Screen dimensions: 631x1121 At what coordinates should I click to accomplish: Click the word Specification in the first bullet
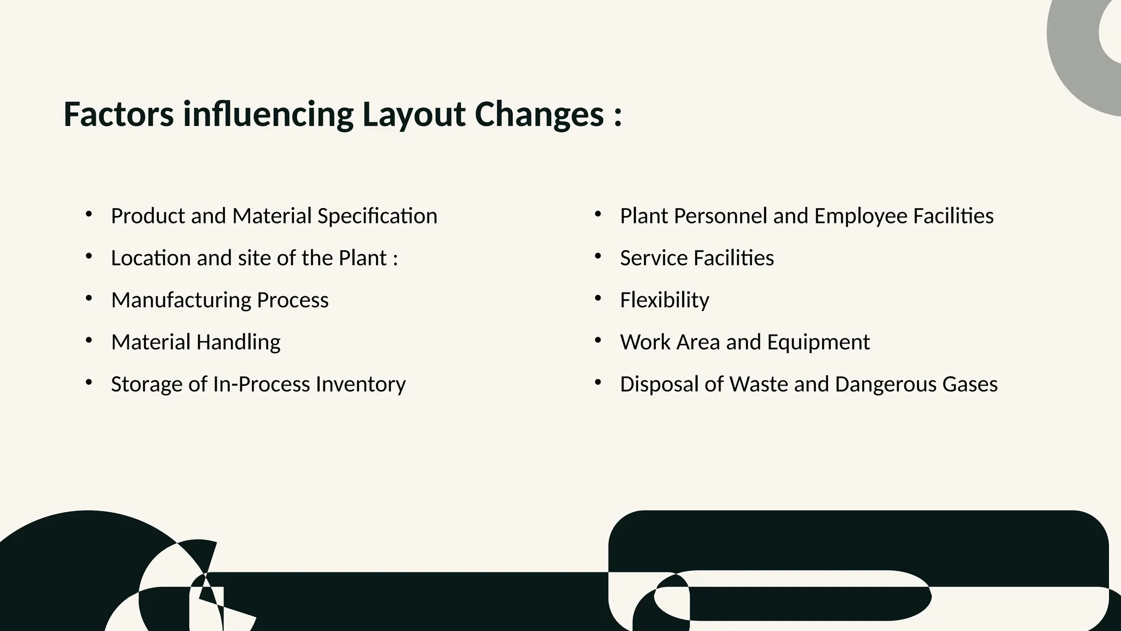377,216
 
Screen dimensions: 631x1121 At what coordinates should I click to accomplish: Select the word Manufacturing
181,300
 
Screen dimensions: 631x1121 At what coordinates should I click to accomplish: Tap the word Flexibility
664,300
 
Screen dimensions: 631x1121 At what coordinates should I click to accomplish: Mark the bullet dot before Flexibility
598,299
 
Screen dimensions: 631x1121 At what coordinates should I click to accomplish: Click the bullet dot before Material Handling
89,341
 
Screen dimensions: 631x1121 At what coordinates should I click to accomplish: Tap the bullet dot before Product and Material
89,215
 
